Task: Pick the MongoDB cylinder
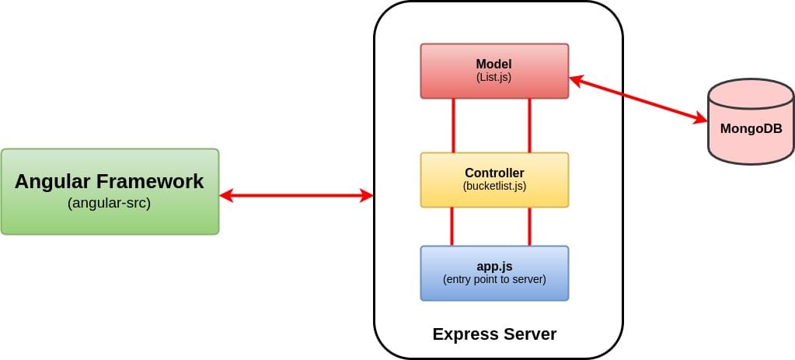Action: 751,121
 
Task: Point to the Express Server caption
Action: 494,334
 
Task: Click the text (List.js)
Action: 494,78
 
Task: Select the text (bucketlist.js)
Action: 494,186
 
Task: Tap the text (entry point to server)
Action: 494,279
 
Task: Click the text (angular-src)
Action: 110,204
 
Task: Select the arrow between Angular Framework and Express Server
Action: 296,196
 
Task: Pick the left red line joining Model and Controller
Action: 452,125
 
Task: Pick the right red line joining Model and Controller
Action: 529,125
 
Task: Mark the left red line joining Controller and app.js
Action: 452,226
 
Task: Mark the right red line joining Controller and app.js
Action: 529,226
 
